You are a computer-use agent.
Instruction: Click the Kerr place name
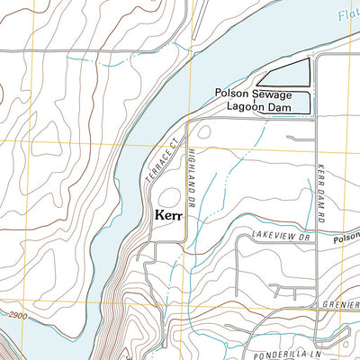pyautogui.click(x=169, y=216)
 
